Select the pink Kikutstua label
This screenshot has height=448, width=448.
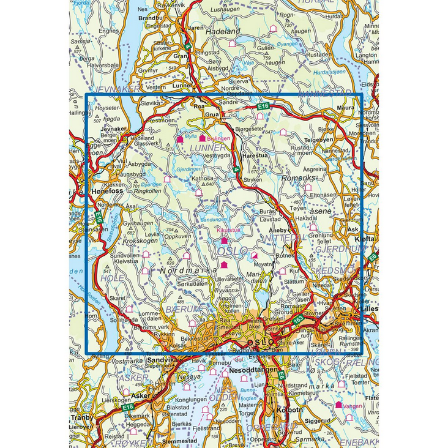point(229,230)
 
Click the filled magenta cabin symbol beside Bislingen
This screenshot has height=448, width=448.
point(202,139)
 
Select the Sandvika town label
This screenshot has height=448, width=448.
point(161,361)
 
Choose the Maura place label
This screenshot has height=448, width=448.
point(347,108)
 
